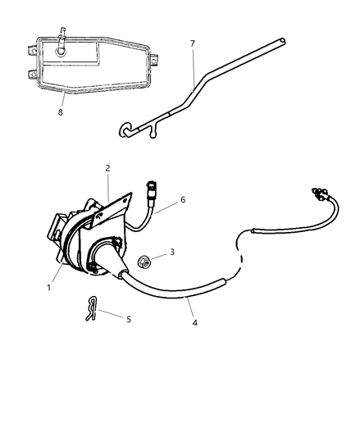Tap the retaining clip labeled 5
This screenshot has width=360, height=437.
pos(92,309)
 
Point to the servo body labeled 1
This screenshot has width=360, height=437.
pos(78,246)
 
